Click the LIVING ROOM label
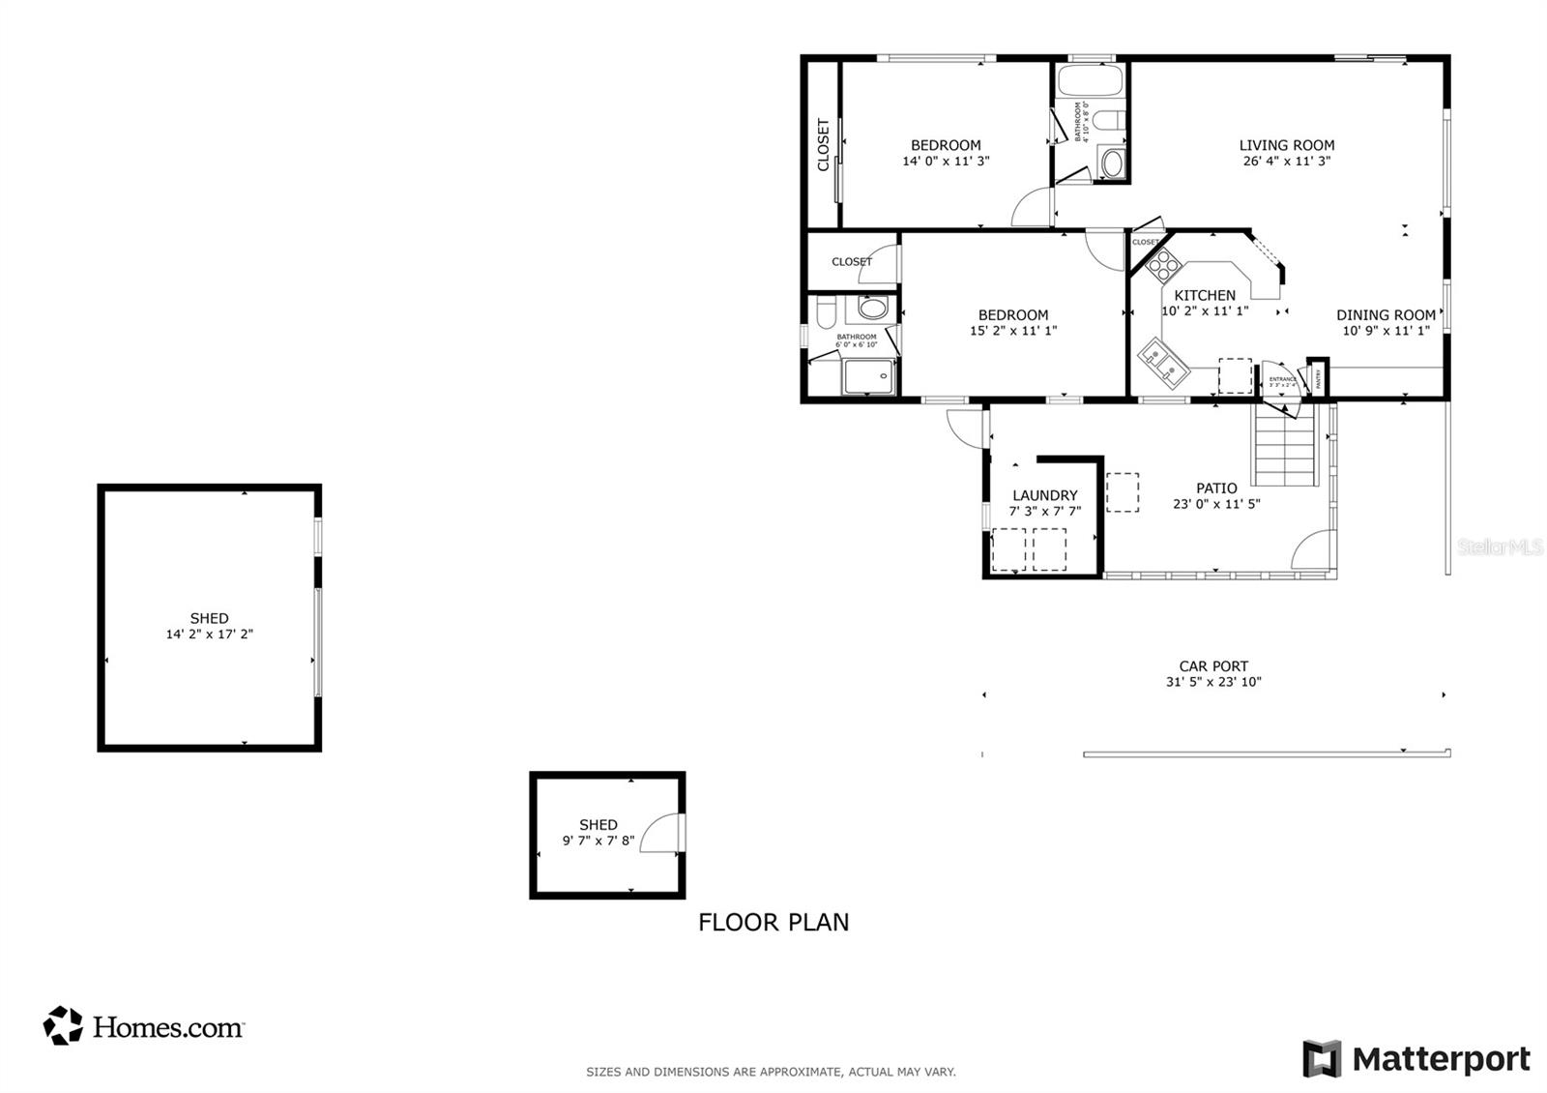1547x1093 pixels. pos(1287,145)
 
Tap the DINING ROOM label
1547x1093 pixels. pos(1386,315)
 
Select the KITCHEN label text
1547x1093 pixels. pos(1205,295)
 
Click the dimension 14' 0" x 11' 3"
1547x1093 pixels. pos(946,162)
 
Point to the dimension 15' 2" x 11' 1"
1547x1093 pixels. pos(1013,331)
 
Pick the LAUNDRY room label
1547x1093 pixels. pos(1044,495)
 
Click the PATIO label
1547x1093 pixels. pos(1216,488)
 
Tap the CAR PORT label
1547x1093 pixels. pos(1213,665)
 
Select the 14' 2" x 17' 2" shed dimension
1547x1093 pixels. pos(210,635)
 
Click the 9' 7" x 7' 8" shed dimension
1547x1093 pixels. pos(598,841)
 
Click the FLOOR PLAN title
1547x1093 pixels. pos(773,923)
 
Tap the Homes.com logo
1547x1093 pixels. pos(144,1026)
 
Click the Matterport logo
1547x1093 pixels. pos(1416,1059)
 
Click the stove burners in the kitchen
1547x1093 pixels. pos(1163,264)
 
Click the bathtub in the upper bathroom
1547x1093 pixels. pos(1090,81)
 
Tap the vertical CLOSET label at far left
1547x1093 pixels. pos(824,145)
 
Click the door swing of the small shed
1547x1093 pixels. pos(662,833)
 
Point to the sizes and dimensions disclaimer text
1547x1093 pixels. pos(771,1072)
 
